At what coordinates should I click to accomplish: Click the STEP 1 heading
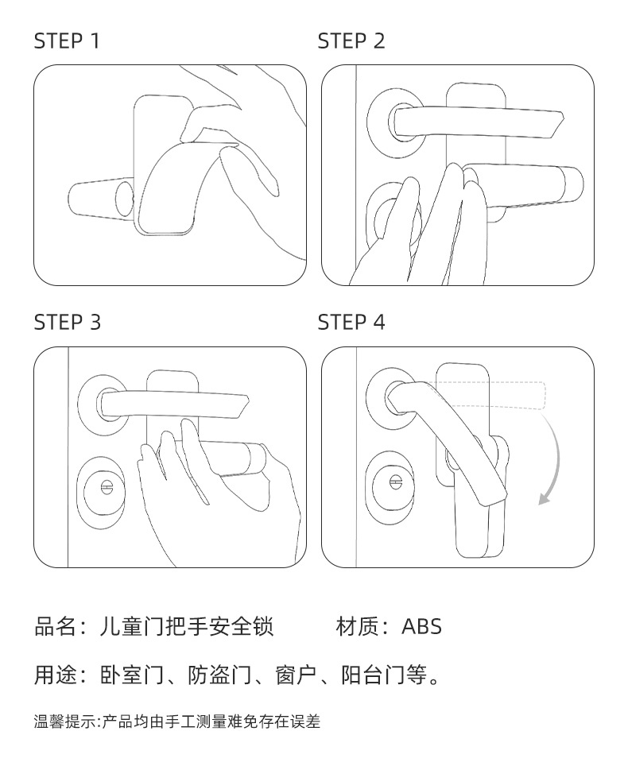(67, 41)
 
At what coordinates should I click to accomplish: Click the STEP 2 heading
(351, 41)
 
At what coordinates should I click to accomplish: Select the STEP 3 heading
(67, 323)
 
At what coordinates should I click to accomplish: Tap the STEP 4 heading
(351, 323)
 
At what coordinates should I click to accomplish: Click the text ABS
(421, 627)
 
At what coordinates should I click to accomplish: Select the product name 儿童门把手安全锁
(188, 627)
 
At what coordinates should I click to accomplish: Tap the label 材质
(355, 627)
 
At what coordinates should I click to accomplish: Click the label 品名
(54, 627)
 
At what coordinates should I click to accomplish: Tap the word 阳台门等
(383, 676)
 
